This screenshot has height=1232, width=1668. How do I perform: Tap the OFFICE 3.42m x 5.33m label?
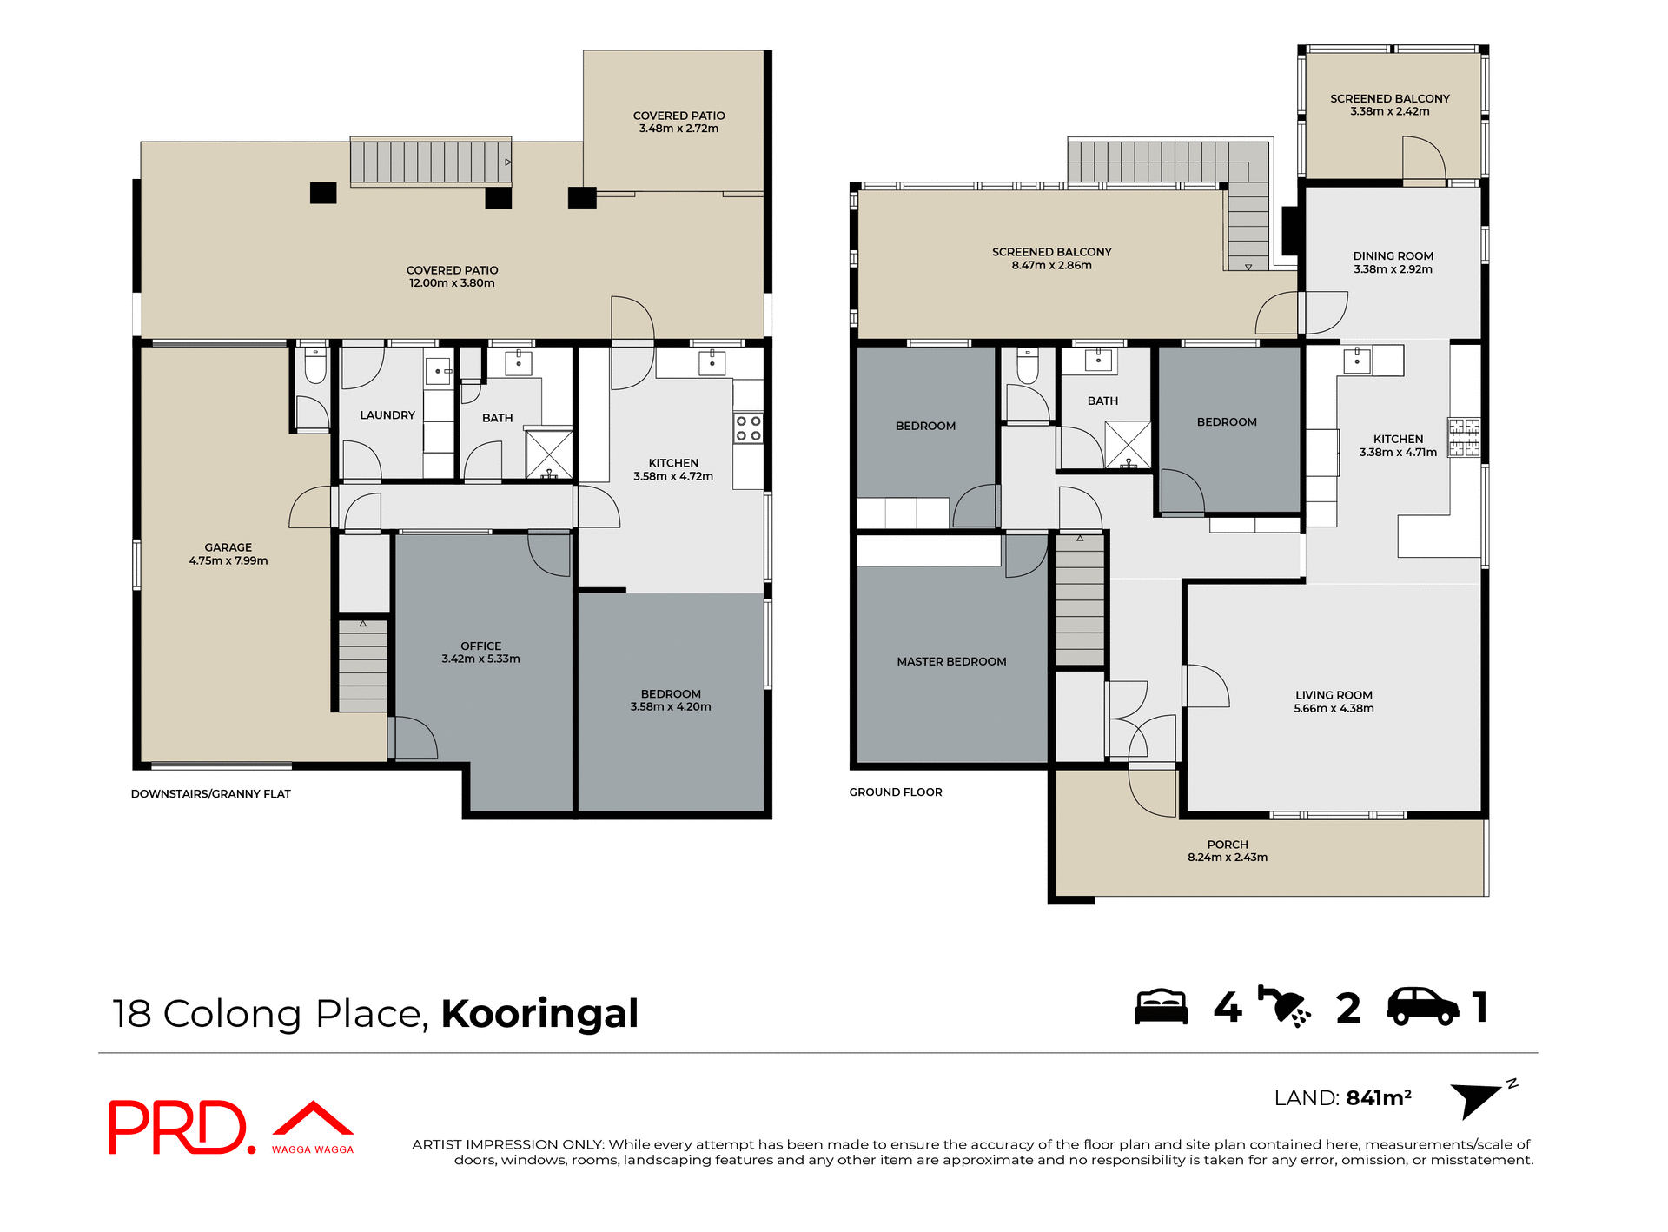click(x=480, y=652)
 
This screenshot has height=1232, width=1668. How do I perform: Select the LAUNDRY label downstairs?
click(x=387, y=415)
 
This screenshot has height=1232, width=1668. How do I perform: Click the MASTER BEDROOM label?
click(x=951, y=661)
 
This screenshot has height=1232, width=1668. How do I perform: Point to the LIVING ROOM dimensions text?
click(x=1334, y=708)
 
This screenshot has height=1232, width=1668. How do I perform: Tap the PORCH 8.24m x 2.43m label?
click(x=1227, y=851)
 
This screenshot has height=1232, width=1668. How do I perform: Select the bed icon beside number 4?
click(x=1161, y=1007)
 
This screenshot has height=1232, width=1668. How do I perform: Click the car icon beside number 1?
click(x=1422, y=1007)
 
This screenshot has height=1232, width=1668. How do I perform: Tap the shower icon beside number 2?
click(x=1284, y=1008)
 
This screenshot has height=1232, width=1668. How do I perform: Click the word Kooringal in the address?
click(x=539, y=1014)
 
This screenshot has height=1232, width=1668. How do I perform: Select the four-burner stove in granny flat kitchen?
click(x=748, y=428)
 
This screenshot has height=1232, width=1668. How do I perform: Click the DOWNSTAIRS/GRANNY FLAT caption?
click(x=211, y=793)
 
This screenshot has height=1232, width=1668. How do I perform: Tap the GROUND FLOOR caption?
click(x=896, y=792)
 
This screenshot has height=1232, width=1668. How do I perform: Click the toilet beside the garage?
click(x=314, y=365)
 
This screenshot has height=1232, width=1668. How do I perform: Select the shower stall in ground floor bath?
click(x=1128, y=445)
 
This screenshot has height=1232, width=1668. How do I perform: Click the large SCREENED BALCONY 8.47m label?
click(x=1051, y=258)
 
